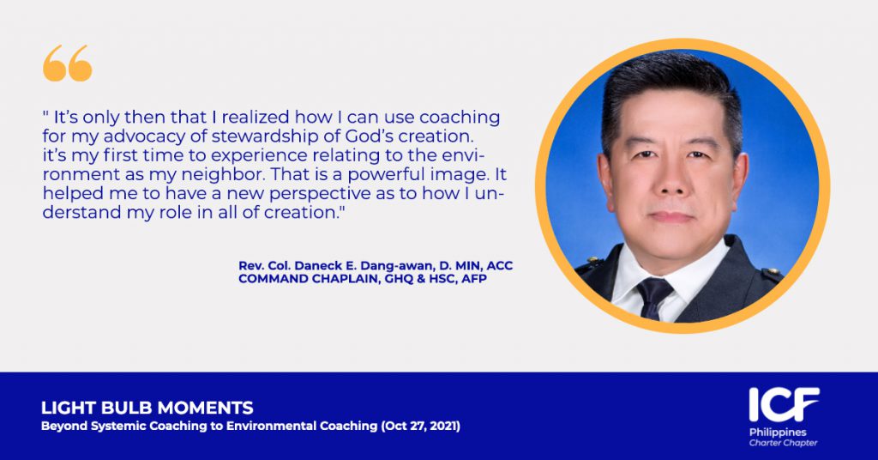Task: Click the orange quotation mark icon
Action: [x=67, y=63]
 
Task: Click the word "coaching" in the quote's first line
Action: [x=460, y=118]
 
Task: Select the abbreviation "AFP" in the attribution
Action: [x=473, y=279]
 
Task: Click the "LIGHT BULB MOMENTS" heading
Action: [x=147, y=408]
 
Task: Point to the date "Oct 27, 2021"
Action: [x=421, y=426]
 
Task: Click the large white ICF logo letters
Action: [x=784, y=404]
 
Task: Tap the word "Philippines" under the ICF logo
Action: [x=778, y=433]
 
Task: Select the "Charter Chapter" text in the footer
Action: [x=784, y=443]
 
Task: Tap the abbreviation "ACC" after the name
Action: [x=500, y=266]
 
